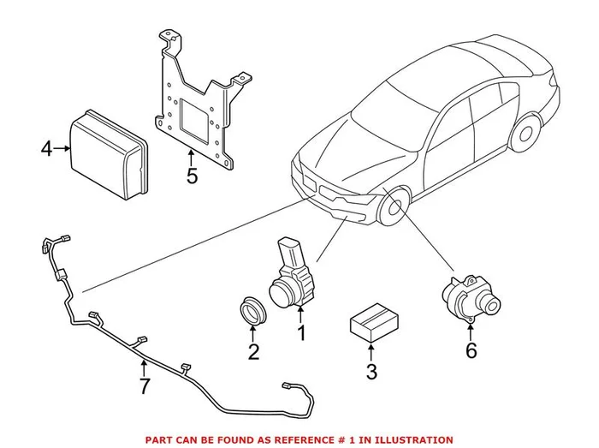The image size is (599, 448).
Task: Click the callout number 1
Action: pyautogui.click(x=301, y=331)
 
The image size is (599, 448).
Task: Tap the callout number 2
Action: pyautogui.click(x=252, y=351)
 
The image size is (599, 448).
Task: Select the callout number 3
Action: pyautogui.click(x=371, y=372)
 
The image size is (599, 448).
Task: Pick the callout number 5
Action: pyautogui.click(x=192, y=176)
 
